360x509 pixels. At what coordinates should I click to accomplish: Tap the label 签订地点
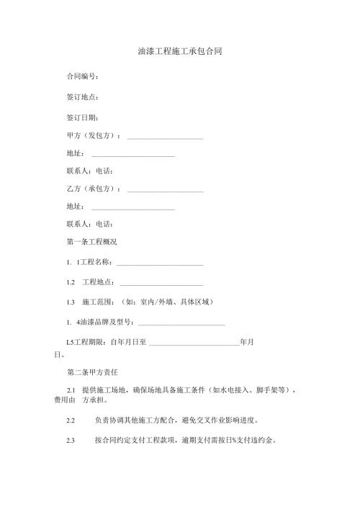[x=82, y=96]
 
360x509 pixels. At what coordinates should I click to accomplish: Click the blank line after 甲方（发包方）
[x=165, y=138]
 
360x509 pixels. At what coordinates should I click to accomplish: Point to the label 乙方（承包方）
[x=93, y=190]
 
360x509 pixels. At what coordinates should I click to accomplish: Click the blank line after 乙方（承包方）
[x=165, y=191]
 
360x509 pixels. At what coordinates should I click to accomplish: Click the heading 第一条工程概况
[x=91, y=242]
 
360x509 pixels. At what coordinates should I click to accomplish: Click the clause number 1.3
[x=71, y=303]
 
